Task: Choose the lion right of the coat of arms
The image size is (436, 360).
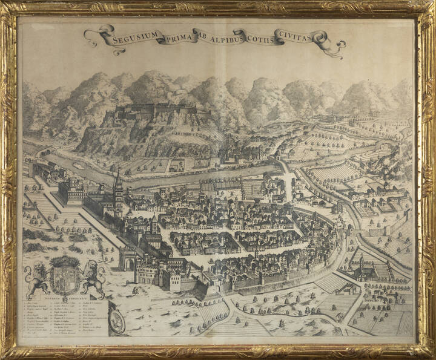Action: click(x=93, y=279)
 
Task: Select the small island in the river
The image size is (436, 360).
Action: click(x=79, y=165)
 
